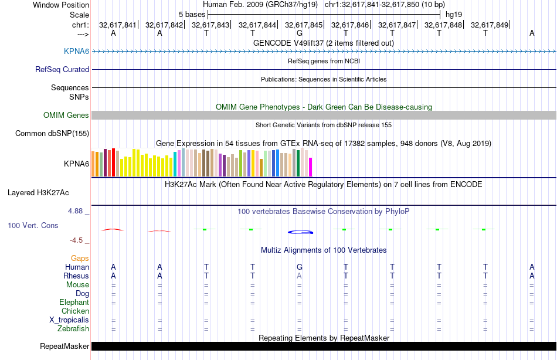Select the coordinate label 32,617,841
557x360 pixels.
pyautogui.click(x=117, y=25)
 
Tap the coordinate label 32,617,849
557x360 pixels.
pyautogui.click(x=488, y=25)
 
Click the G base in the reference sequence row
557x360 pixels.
pyautogui.click(x=299, y=33)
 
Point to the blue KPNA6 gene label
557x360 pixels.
pyautogui.click(x=76, y=52)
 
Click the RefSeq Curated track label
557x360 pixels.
pyautogui.click(x=62, y=69)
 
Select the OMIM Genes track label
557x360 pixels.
pyautogui.click(x=66, y=116)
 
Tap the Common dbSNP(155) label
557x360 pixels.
pyautogui.click(x=52, y=133)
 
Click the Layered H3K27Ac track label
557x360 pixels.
pyautogui.click(x=46, y=192)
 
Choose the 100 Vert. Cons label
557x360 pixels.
pyautogui.click(x=33, y=225)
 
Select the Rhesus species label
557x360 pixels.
pyautogui.click(x=76, y=276)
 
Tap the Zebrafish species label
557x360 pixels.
pyautogui.click(x=73, y=328)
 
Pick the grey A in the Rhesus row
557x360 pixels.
pyautogui.click(x=299, y=276)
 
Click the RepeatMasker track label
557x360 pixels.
pyautogui.click(x=64, y=346)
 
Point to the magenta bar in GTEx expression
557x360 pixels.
pyautogui.click(x=311, y=167)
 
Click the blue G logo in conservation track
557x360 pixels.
pyautogui.click(x=299, y=232)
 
